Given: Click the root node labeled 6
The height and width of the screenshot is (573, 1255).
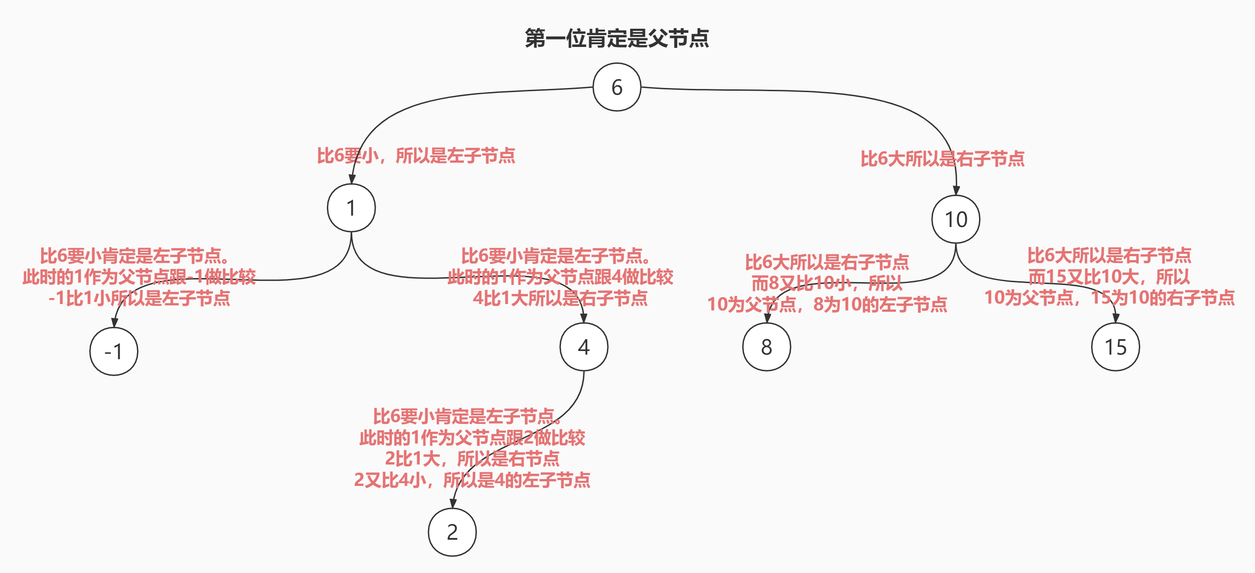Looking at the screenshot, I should (x=617, y=87).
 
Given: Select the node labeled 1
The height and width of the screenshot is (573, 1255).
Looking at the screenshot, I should (x=351, y=208).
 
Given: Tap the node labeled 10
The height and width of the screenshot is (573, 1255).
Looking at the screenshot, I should (x=956, y=219).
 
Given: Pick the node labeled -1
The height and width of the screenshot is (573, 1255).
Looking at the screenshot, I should (x=114, y=351).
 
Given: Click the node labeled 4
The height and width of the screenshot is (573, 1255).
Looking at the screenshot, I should (x=584, y=347).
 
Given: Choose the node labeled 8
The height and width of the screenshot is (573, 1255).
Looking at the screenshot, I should (x=766, y=347).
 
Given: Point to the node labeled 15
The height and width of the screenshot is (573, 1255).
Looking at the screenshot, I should (x=1116, y=347).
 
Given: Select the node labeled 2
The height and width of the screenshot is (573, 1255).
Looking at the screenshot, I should (x=452, y=532).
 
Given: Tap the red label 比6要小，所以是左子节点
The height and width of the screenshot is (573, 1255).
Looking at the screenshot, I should (x=416, y=156).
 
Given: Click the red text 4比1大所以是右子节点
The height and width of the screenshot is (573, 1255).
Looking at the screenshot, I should (x=560, y=298).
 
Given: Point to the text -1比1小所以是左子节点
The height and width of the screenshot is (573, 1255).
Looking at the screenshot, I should (x=139, y=298).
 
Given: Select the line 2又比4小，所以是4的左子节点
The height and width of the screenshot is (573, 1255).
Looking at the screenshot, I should (x=472, y=480).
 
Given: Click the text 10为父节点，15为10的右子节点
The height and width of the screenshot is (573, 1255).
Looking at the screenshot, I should (x=1109, y=298).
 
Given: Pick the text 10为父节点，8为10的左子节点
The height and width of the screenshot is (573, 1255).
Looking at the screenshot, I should (x=827, y=305).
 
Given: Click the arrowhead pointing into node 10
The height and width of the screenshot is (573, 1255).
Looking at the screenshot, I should (x=956, y=190).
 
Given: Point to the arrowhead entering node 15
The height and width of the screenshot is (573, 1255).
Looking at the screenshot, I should (x=1116, y=318).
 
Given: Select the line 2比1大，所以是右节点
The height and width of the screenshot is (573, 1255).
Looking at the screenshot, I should (x=472, y=459).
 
